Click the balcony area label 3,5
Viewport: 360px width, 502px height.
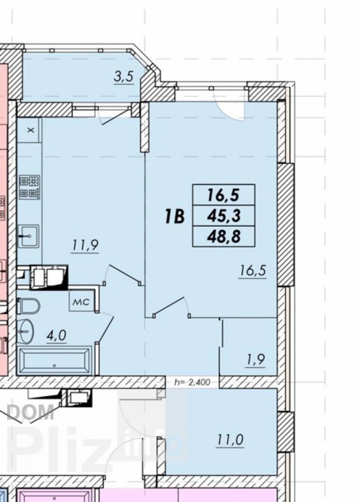[x=123, y=77]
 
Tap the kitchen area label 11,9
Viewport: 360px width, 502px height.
[x=86, y=246]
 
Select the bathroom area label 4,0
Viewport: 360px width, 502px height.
[x=56, y=335]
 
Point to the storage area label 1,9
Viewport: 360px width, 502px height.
[x=255, y=360]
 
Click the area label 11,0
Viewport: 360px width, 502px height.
[x=231, y=440]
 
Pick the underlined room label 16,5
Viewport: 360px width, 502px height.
[x=253, y=271]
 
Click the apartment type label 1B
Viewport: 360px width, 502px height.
[x=174, y=216]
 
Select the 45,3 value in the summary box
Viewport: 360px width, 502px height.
[x=223, y=216]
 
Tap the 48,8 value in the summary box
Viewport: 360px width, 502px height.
[x=223, y=237]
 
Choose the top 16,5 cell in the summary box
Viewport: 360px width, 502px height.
[x=223, y=195]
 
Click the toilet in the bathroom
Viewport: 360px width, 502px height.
[x=28, y=306]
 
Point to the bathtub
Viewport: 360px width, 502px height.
[x=55, y=361]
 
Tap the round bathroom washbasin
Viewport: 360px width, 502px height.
[x=26, y=330]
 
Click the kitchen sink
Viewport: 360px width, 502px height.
[x=29, y=236]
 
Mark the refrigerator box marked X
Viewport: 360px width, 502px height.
[x=29, y=130]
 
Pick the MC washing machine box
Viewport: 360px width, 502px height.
[x=81, y=302]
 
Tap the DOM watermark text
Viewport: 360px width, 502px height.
[x=31, y=412]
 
